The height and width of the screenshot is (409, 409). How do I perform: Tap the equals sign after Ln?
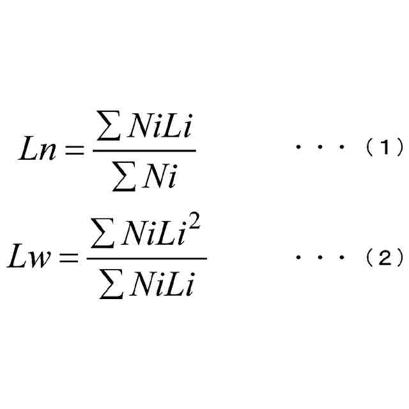[77, 151]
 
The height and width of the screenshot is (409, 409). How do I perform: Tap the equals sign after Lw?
[71, 259]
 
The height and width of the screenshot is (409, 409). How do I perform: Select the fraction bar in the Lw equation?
[146, 259]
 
